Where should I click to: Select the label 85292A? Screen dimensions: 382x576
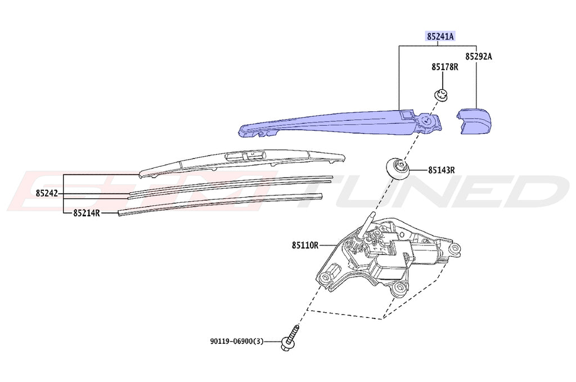point(478,57)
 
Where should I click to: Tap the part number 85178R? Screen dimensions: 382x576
point(445,67)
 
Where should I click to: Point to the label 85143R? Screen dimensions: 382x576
point(441,169)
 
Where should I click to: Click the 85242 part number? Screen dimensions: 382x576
point(47,193)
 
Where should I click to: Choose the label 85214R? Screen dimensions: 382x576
point(86,213)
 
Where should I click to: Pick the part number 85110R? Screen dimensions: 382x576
point(305,245)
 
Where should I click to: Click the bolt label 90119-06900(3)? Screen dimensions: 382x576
point(237,341)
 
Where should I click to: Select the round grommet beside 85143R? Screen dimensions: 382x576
point(397,167)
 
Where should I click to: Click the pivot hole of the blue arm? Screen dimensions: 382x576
point(428,119)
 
